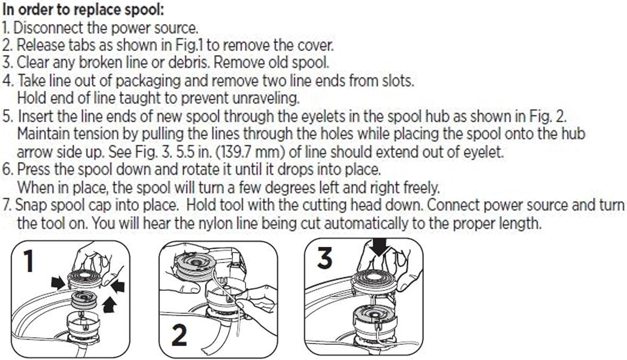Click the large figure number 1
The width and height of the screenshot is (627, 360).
pyautogui.click(x=29, y=261)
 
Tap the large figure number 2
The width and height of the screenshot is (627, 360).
pyautogui.click(x=179, y=335)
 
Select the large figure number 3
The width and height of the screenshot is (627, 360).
pyautogui.click(x=325, y=258)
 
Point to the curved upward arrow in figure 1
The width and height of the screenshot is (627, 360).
pyautogui.click(x=110, y=304)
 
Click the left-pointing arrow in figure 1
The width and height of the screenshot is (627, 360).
pyautogui.click(x=117, y=287)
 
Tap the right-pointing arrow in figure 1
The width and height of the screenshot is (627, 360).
pyautogui.click(x=58, y=283)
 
